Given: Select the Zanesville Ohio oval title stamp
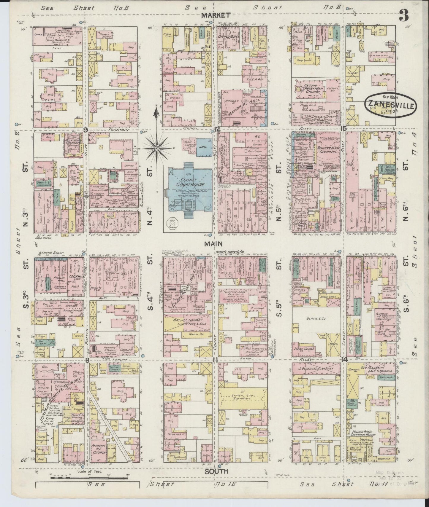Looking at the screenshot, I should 390,105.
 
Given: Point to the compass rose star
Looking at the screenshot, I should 156,147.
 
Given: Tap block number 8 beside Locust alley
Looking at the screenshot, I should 87,360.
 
